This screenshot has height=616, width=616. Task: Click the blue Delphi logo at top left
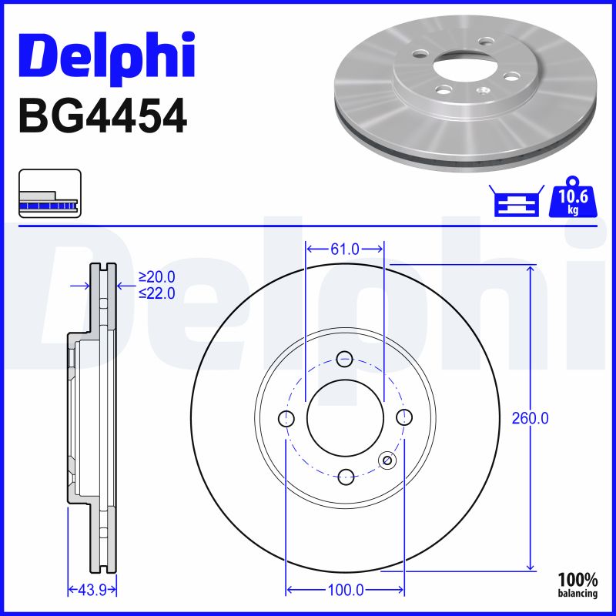coord(107,56)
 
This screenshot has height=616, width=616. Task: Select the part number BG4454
coord(103,115)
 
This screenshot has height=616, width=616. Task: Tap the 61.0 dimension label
coord(345,249)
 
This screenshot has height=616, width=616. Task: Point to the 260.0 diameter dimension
coord(530,419)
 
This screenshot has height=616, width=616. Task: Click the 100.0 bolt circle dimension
coord(345,590)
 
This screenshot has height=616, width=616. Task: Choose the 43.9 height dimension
coord(92,590)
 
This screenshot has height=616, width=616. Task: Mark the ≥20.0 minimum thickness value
coord(157,277)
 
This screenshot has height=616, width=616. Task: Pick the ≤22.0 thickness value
coord(157,293)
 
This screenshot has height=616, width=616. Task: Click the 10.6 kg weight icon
coord(573,197)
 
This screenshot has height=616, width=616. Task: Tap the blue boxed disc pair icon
coord(517,200)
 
